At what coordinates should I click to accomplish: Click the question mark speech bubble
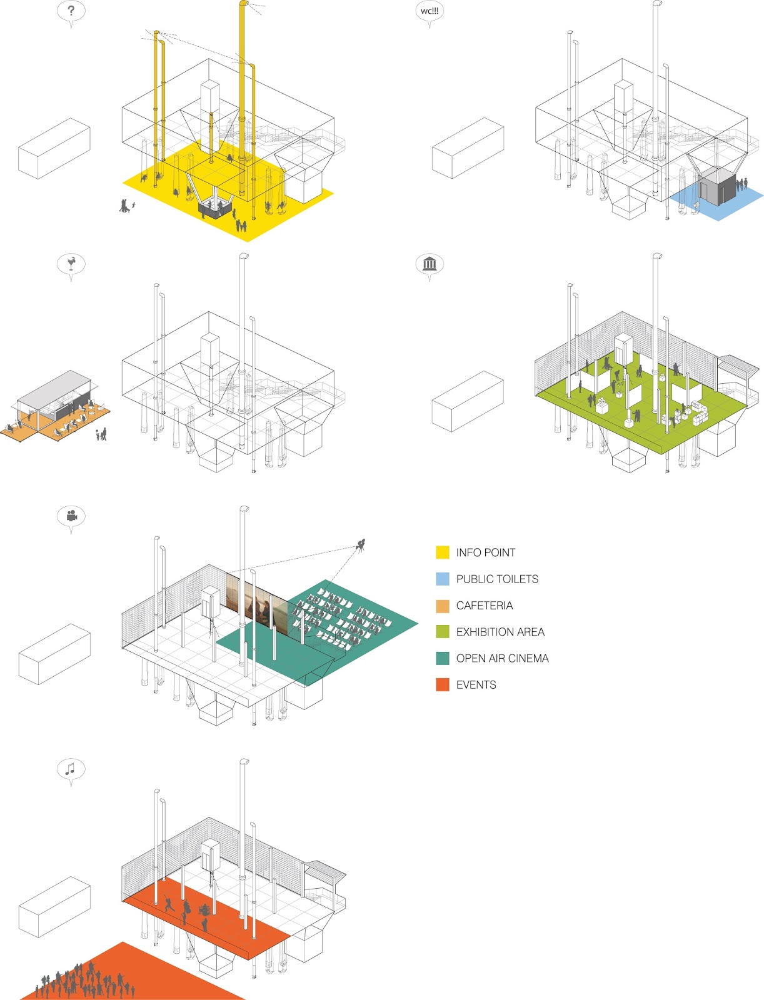pyautogui.click(x=71, y=12)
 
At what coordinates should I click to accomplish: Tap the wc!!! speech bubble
pyautogui.click(x=430, y=12)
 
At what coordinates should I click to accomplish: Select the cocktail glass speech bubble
pyautogui.click(x=71, y=264)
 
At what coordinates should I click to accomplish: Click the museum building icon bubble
pyautogui.click(x=430, y=264)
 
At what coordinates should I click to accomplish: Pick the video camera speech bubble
pyautogui.click(x=71, y=516)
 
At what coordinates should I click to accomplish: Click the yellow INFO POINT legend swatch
pyautogui.click(x=443, y=552)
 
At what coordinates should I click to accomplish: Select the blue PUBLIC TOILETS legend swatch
pyautogui.click(x=443, y=579)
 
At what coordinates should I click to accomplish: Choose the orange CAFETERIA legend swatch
pyautogui.click(x=443, y=606)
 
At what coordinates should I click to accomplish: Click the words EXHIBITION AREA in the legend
pyautogui.click(x=500, y=632)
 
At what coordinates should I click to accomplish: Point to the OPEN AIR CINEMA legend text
pyautogui.click(x=502, y=658)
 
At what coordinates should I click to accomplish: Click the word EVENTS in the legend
pyautogui.click(x=476, y=685)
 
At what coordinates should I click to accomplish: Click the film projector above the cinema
pyautogui.click(x=361, y=546)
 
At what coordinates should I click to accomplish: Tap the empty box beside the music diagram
pyautogui.click(x=54, y=906)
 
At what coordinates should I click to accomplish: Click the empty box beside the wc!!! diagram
pyautogui.click(x=468, y=148)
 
